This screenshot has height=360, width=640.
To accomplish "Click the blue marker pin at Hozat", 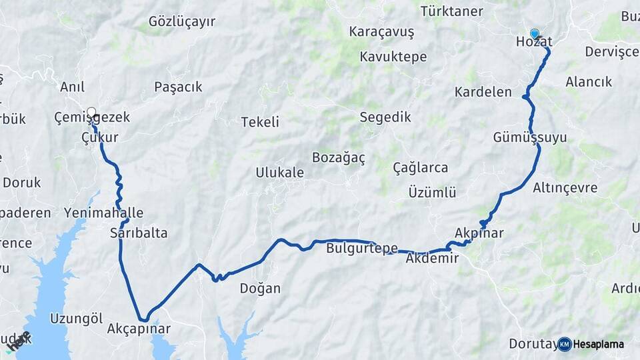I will (x=534, y=33).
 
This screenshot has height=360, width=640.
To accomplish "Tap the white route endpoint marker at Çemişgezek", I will (x=91, y=111).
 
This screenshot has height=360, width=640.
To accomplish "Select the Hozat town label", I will (x=534, y=42).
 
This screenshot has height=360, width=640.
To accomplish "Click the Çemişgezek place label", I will (x=92, y=117).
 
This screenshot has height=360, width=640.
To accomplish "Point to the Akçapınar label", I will (x=139, y=329).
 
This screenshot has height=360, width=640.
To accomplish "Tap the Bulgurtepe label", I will (x=362, y=249).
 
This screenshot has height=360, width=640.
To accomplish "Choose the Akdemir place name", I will (x=432, y=258).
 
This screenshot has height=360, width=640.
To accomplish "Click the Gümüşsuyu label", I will (x=530, y=137).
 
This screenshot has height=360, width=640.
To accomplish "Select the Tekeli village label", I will (x=260, y=122).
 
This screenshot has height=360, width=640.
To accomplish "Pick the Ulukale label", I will (x=279, y=173).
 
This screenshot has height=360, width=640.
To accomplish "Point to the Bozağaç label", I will (x=339, y=157).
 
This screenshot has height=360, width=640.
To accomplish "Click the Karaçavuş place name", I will (x=381, y=32).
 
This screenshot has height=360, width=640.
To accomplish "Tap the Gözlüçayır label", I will (x=182, y=21).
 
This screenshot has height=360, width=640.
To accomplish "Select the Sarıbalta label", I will (x=139, y=233).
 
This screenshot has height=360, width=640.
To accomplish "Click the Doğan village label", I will (x=260, y=289).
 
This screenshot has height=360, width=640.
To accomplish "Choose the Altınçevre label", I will (x=565, y=187).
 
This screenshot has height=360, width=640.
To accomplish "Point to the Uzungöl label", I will (x=76, y=318).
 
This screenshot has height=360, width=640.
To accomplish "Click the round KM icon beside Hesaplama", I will (x=565, y=344).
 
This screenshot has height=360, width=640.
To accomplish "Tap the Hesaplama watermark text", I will (x=599, y=344).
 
